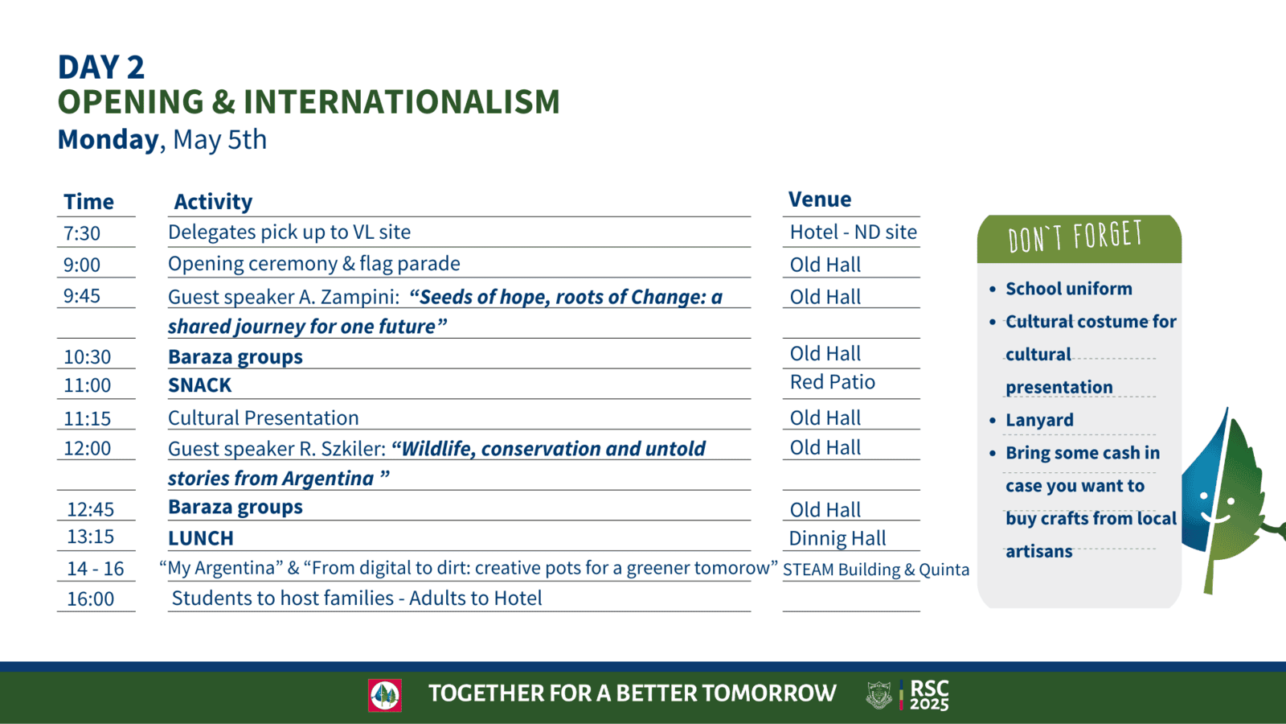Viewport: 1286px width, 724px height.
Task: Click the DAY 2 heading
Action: click(101, 67)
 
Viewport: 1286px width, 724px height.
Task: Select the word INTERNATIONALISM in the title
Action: click(401, 101)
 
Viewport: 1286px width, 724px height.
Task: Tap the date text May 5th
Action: click(220, 140)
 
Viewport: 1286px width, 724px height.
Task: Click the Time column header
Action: click(88, 202)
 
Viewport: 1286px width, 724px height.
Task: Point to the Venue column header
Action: click(819, 200)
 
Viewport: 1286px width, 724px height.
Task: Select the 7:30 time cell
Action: click(81, 233)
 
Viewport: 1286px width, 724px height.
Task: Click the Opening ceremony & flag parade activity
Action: click(314, 264)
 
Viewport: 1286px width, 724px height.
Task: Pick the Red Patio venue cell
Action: click(833, 382)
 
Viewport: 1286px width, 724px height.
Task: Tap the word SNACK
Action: click(200, 385)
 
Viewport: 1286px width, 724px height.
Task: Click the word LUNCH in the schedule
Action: click(201, 538)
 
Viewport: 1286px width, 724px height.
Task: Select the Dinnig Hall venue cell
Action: click(837, 538)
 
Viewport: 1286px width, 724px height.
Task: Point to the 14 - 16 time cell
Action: click(96, 568)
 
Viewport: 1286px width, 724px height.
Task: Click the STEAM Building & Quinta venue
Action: click(876, 570)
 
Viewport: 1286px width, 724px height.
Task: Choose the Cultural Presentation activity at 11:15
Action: click(264, 418)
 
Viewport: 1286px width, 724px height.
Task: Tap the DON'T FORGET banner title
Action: click(1075, 237)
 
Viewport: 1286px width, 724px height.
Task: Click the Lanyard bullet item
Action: click(1039, 420)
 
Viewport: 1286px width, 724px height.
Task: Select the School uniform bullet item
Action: click(1068, 289)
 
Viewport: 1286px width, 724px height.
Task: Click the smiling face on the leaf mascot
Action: click(1217, 508)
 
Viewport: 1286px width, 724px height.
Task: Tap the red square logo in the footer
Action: click(385, 695)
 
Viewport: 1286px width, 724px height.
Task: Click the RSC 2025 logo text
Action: click(929, 695)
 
